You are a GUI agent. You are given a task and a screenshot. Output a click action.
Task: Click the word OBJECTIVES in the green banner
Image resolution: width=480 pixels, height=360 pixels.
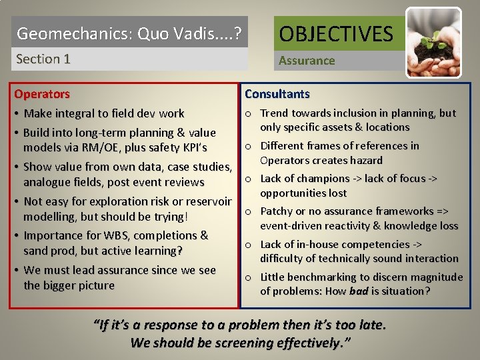336,33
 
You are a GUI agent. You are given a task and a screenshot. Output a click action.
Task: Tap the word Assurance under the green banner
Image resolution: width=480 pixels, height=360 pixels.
307,61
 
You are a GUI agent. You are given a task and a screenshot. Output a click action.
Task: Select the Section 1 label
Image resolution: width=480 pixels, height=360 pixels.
43,59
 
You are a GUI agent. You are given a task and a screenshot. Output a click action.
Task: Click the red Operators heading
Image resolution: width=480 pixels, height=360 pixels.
42,94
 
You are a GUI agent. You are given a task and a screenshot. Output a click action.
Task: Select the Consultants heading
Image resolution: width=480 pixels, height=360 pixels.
277,94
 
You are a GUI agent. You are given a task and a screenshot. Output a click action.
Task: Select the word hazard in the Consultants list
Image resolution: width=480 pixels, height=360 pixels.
367,160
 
